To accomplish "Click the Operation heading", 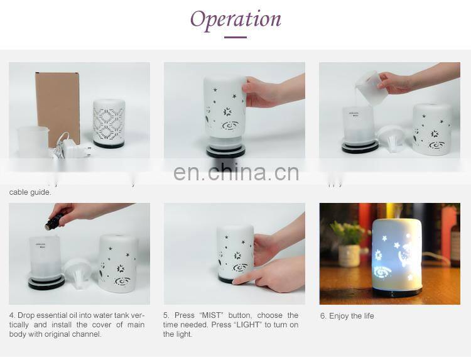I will [235, 19].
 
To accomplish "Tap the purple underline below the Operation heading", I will [235, 37].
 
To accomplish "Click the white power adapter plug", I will [78, 149].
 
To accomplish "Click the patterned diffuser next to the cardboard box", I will [109, 123].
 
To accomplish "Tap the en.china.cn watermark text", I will [236, 172].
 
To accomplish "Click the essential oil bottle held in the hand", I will [55, 220].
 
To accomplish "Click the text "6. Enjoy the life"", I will [347, 316].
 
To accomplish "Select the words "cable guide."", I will [30, 192].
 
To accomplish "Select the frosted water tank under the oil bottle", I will [45, 258].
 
